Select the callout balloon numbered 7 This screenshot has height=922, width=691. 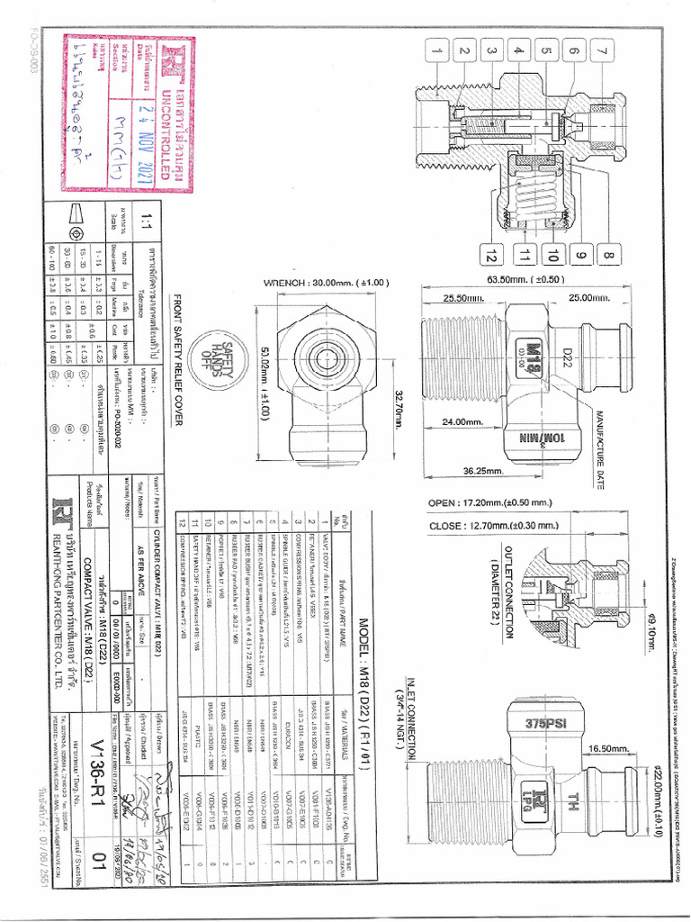point(600,51)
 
